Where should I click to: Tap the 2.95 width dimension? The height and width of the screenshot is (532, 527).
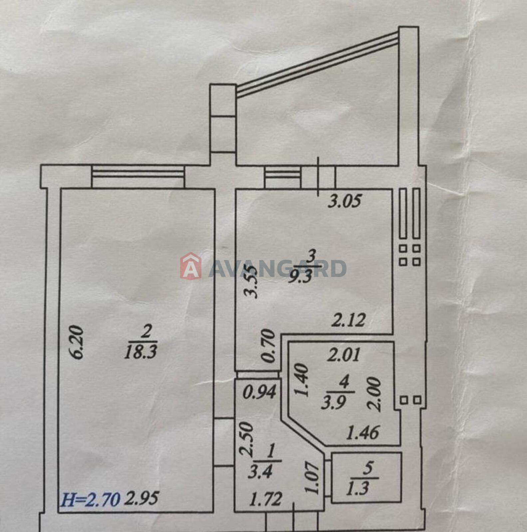pyautogui.click(x=141, y=499)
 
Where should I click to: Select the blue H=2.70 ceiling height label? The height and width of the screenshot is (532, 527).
pyautogui.click(x=90, y=499)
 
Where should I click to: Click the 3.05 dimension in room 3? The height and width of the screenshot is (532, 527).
pyautogui.click(x=345, y=201)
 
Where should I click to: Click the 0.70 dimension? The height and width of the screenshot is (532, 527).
pyautogui.click(x=268, y=346)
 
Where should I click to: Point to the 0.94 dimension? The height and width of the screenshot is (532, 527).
pyautogui.click(x=260, y=392)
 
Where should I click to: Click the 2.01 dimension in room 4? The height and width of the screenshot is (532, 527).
pyautogui.click(x=344, y=355)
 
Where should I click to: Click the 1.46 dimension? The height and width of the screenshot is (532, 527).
pyautogui.click(x=363, y=433)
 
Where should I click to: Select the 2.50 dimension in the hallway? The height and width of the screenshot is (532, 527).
pyautogui.click(x=247, y=439)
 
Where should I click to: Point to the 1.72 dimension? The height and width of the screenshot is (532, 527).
pyautogui.click(x=266, y=499)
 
